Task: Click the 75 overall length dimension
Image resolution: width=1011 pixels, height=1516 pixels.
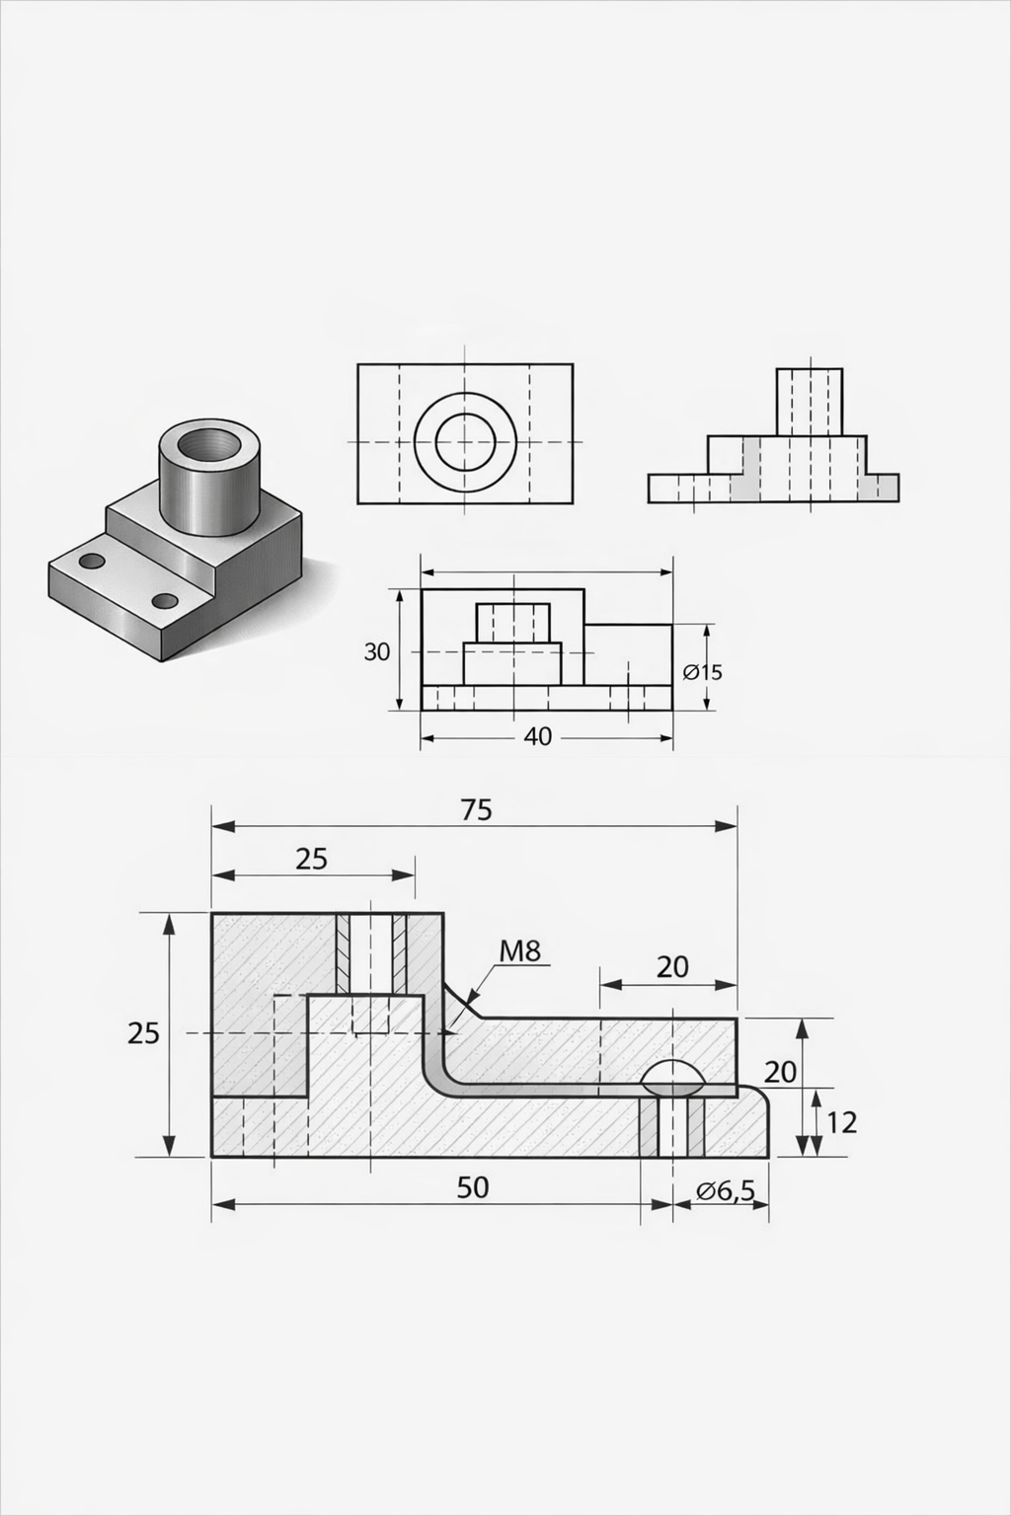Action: click(x=476, y=809)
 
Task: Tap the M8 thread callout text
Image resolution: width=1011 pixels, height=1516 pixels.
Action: click(x=520, y=951)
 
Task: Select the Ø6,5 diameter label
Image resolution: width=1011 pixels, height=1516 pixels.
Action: click(x=726, y=1191)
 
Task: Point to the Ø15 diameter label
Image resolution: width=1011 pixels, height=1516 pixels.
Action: click(x=703, y=672)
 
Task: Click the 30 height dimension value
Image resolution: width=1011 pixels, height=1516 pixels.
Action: click(x=377, y=651)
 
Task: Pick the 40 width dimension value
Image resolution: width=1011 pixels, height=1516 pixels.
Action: click(x=538, y=736)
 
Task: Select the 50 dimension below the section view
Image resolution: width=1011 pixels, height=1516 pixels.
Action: click(x=473, y=1187)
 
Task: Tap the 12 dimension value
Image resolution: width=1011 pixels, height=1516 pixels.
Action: click(x=841, y=1122)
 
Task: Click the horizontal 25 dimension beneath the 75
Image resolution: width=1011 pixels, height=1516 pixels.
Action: click(x=311, y=859)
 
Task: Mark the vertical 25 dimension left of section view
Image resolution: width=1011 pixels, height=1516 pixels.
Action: click(x=144, y=1033)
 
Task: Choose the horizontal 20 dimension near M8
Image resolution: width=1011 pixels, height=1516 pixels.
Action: click(x=672, y=967)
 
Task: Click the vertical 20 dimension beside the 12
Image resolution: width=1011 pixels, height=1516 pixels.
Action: click(x=780, y=1071)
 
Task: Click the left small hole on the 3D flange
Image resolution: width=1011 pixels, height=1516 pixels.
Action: click(x=92, y=562)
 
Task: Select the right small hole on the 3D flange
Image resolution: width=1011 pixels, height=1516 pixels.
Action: click(x=165, y=600)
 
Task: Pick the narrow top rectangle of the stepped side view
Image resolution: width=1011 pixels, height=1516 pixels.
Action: click(x=810, y=402)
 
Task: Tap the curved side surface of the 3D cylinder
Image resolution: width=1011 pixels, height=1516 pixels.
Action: click(x=207, y=498)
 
